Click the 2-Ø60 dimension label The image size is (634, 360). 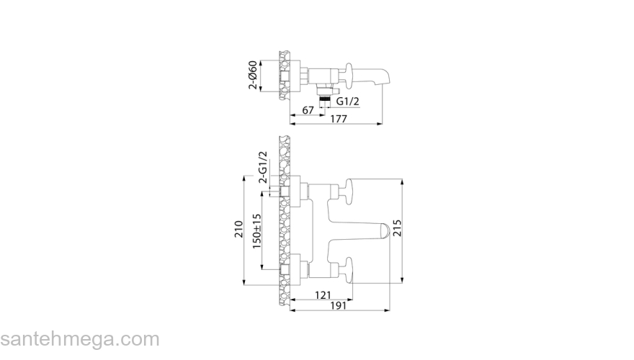[x=253, y=74]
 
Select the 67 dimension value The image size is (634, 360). [x=307, y=109]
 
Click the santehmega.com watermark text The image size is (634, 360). [x=79, y=339]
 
